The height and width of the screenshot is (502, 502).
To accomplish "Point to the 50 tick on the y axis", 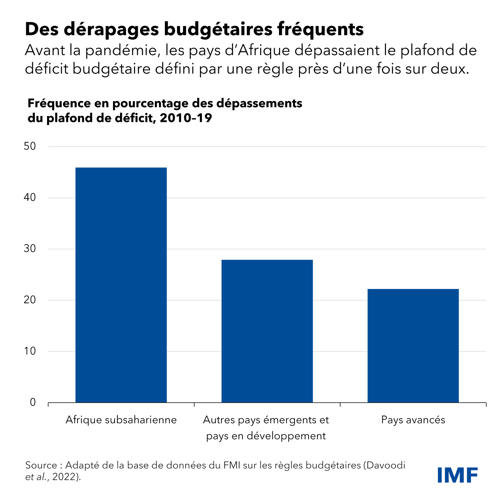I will (30, 146).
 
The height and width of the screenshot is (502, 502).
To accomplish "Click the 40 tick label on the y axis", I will (30, 197).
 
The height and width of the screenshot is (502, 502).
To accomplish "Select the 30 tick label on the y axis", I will (30, 249).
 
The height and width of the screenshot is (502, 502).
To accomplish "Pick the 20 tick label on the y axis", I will (30, 300).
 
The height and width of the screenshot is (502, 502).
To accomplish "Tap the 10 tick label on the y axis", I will (30, 351).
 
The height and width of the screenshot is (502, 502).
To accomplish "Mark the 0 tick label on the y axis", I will (33, 402).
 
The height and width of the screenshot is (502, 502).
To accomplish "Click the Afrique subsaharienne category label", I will (121, 420).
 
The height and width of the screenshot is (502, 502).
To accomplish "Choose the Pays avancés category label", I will (413, 420).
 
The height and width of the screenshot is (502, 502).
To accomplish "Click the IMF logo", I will (457, 475).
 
